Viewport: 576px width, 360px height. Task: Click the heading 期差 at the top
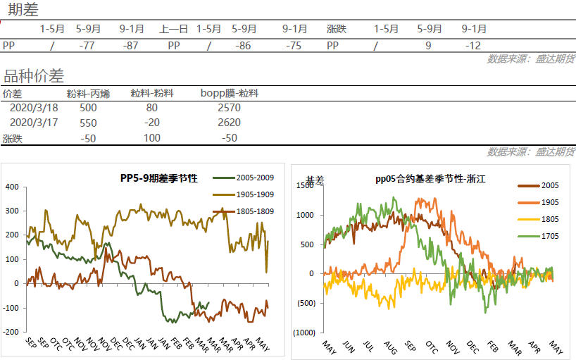click(23, 10)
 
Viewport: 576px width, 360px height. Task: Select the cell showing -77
click(87, 45)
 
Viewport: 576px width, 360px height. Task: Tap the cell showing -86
click(244, 45)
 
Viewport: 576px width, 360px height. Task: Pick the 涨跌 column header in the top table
click(336, 30)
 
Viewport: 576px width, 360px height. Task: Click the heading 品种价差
click(33, 76)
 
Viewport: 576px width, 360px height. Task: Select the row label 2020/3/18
click(34, 108)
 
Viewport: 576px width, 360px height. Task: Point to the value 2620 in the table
click(230, 123)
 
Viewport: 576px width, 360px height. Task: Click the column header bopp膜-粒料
click(230, 93)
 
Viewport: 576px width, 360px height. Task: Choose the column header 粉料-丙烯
click(88, 93)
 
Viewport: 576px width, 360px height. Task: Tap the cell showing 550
click(88, 123)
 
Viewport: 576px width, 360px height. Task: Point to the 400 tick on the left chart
click(12, 187)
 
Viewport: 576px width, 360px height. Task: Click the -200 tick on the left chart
click(11, 332)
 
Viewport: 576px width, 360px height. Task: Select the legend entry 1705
click(551, 236)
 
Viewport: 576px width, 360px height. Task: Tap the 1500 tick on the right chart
click(305, 185)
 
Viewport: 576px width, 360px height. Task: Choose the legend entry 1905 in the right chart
click(551, 202)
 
